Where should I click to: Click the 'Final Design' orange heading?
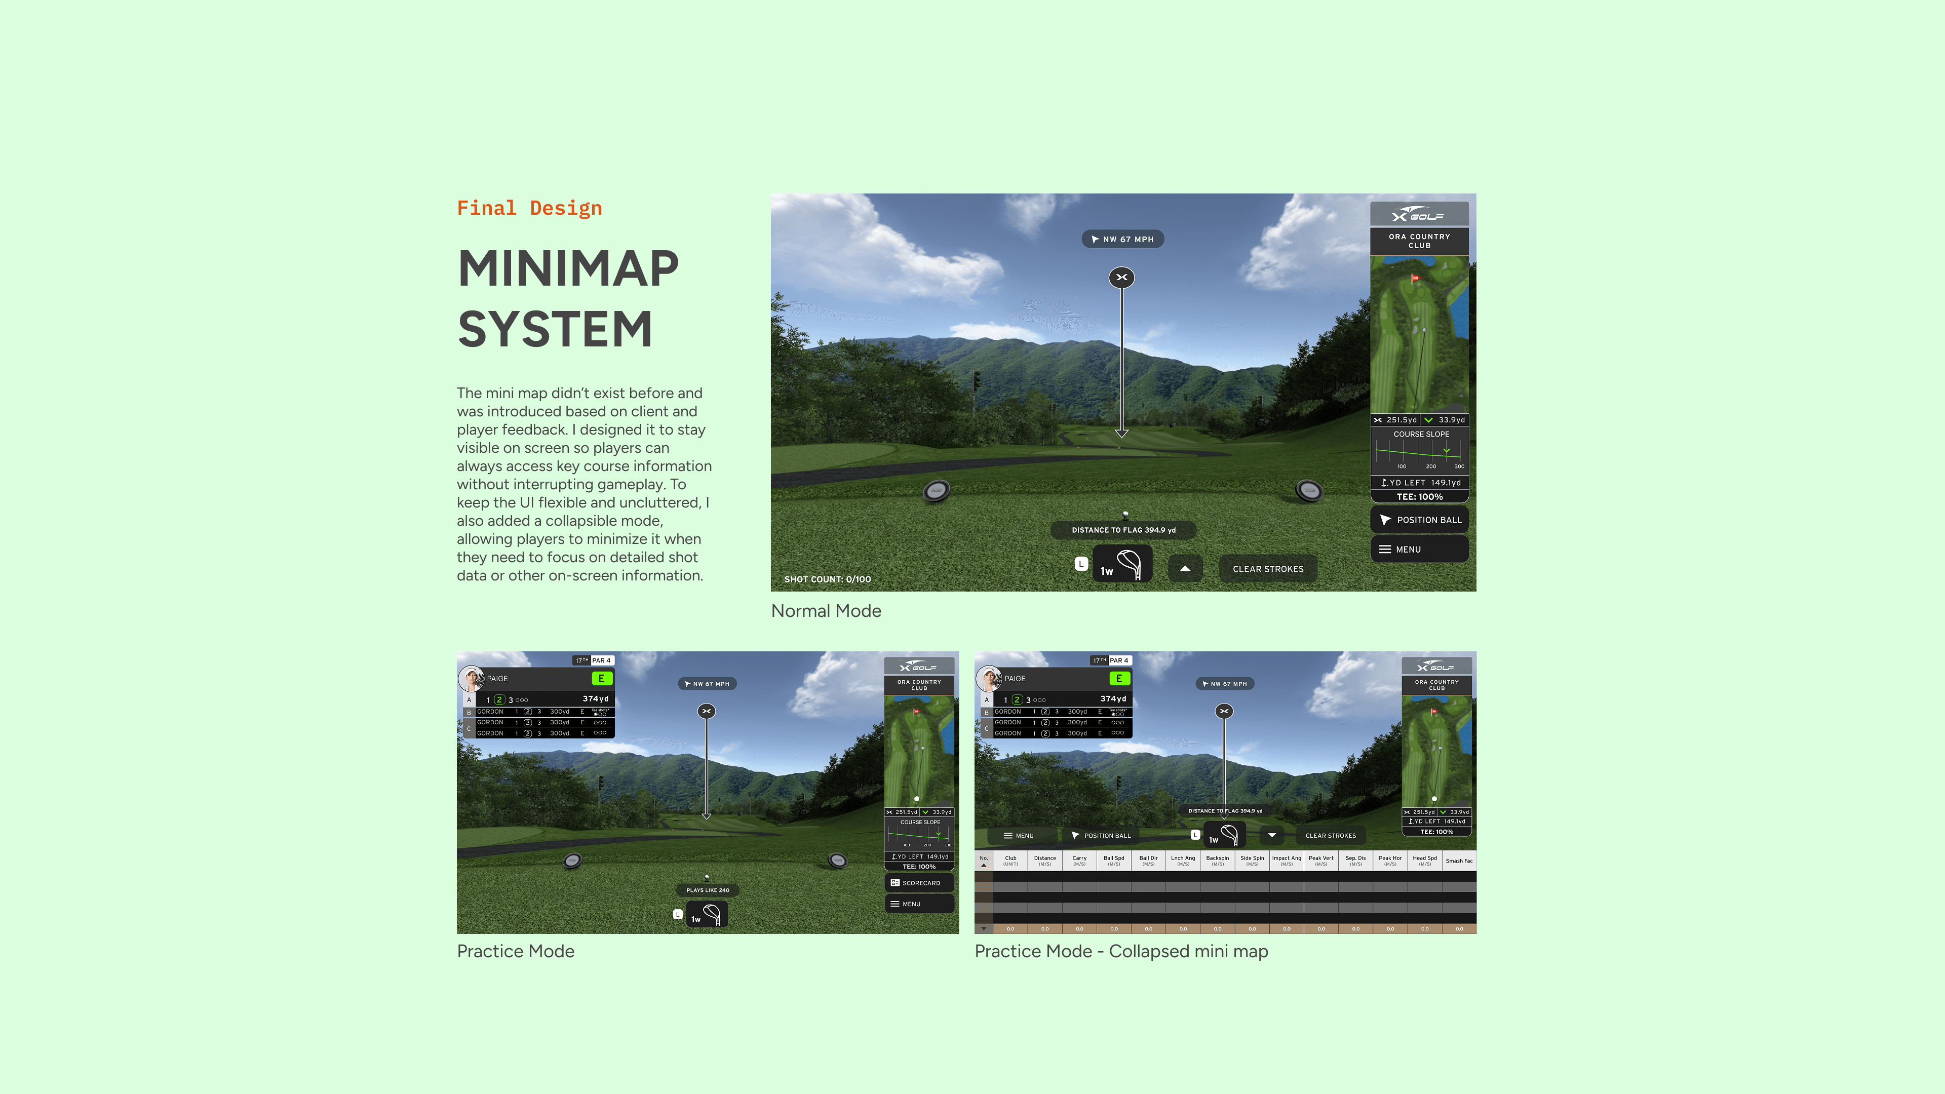529,208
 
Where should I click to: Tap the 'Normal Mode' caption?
826,611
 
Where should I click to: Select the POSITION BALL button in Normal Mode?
1419,520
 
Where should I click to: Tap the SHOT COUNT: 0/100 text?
828,579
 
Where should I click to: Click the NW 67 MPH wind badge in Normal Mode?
1123,240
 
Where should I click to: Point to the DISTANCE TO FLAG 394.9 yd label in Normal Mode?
1123,530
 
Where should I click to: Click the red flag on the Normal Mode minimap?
1416,278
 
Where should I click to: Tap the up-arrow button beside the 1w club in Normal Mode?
1185,568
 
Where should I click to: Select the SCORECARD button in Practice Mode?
919,883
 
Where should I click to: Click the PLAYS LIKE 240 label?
708,890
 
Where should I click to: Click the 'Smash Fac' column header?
1459,861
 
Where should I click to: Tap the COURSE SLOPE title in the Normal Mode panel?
1421,434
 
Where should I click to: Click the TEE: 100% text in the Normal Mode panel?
1419,497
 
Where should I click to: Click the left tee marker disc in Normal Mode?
936,491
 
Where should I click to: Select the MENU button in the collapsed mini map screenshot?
1019,836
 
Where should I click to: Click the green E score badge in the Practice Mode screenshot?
602,679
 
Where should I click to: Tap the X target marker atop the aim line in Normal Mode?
1122,278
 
